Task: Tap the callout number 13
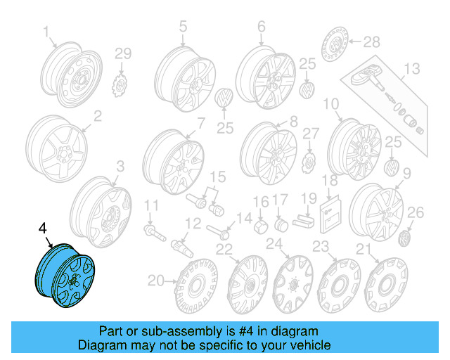pyautogui.click(x=411, y=68)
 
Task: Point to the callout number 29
pyautogui.click(x=123, y=53)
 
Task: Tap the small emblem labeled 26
pyautogui.click(x=406, y=239)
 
